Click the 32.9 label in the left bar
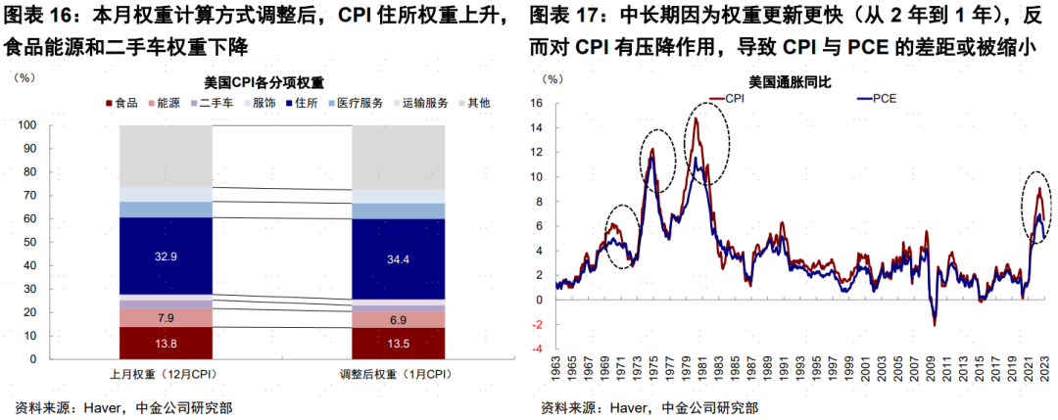tap(166, 255)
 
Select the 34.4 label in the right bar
tap(398, 259)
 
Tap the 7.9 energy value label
tap(166, 318)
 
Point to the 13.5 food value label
tap(398, 344)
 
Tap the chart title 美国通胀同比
tap(789, 82)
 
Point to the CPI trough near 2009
tap(935, 324)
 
